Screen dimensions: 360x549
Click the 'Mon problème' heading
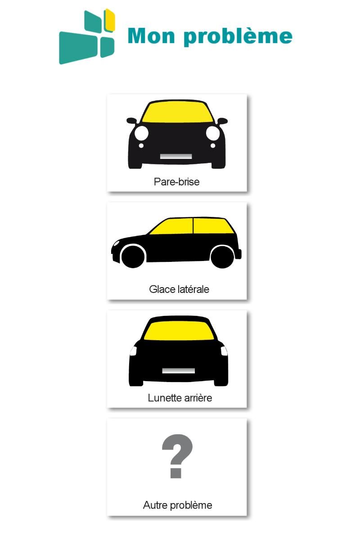[210, 36]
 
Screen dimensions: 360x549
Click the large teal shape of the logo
[78, 48]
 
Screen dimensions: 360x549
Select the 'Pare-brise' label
[176, 182]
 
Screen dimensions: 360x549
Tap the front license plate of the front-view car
[175, 156]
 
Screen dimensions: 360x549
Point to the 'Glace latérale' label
[179, 289]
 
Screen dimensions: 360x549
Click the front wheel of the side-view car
[133, 256]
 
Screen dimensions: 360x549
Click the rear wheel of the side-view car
[222, 257]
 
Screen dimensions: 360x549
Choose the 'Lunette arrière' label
[180, 398]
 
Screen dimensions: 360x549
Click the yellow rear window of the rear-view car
[179, 331]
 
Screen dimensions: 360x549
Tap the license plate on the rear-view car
[178, 371]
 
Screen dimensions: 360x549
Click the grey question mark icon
[177, 456]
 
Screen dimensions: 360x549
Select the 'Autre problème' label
[177, 505]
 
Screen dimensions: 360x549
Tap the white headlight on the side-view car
[116, 243]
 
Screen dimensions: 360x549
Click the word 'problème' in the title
[238, 36]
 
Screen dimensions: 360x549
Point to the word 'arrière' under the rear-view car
[198, 398]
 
